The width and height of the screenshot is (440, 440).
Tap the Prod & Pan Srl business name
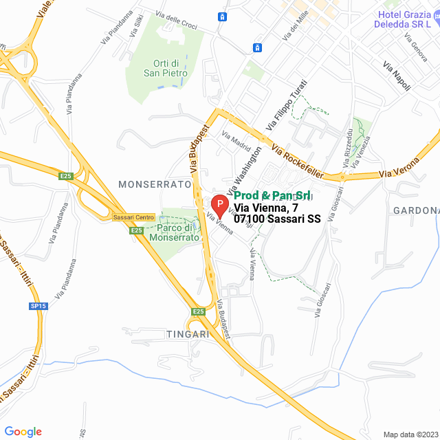pos(274,195)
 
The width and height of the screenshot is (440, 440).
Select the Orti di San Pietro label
pos(162,66)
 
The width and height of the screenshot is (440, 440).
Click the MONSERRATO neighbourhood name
pos(154,184)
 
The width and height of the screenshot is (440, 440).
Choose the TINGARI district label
pos(187,333)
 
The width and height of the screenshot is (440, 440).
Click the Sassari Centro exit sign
pos(133,217)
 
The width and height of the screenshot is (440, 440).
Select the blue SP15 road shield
pos(38,306)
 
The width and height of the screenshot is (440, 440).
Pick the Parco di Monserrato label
pos(178,232)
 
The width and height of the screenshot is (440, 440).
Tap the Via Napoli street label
pos(397,76)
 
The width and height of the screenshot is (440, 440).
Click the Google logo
pos(23,432)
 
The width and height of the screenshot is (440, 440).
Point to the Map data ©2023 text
pos(409,434)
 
